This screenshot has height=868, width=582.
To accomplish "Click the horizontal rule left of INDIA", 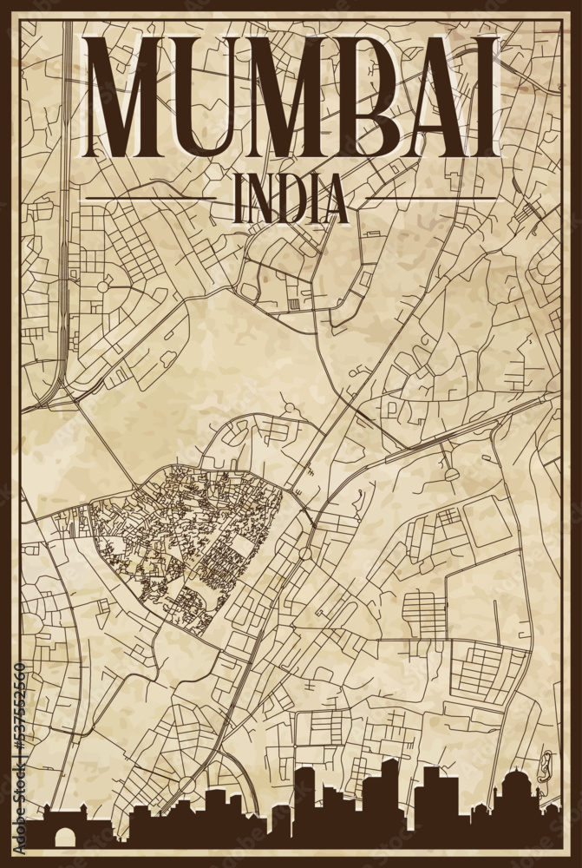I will tap(151, 199).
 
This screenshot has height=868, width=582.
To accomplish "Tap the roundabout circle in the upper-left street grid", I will tap(102, 286).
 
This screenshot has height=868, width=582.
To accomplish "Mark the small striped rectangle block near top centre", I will tap(293, 304).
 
